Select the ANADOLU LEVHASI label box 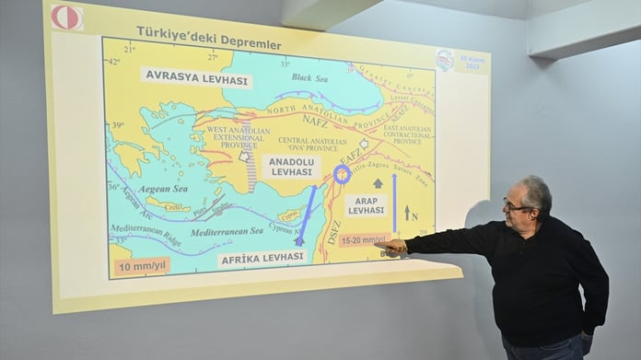click(291, 167)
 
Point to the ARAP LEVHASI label click(366, 205)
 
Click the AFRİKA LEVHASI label click(262, 259)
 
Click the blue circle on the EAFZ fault click(342, 174)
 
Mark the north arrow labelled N click(407, 213)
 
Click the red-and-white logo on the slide click(66, 17)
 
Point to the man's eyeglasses click(517, 205)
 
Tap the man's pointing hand click(393, 246)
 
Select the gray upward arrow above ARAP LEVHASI click(378, 183)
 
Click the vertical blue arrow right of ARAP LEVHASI click(394, 203)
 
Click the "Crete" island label click(169, 207)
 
